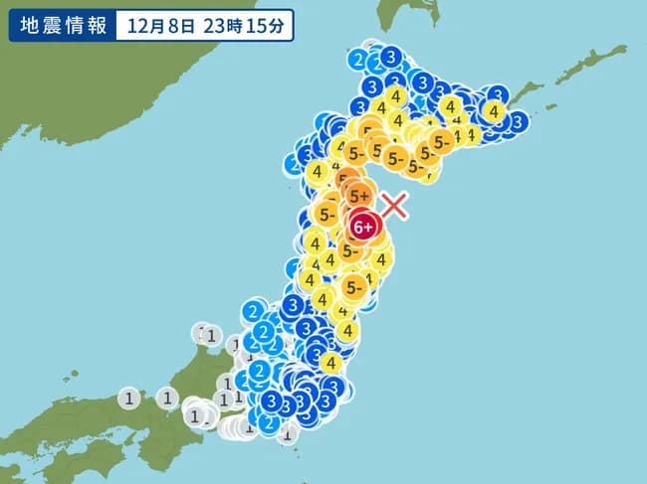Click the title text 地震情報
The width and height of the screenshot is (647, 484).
click(59, 26)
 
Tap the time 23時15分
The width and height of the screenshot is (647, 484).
click(243, 26)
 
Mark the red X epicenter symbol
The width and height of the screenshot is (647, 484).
click(395, 206)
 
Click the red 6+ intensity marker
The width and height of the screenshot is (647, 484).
click(364, 227)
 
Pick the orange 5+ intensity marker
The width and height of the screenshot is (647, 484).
click(359, 197)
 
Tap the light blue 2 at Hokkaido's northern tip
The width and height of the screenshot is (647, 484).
click(358, 60)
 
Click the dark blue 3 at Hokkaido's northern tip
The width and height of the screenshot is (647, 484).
click(391, 56)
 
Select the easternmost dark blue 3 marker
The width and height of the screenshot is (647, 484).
click(517, 121)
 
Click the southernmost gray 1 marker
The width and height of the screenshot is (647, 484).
click(287, 433)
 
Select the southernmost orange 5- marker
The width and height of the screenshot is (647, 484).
click(353, 286)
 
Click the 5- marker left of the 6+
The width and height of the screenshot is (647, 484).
click(326, 214)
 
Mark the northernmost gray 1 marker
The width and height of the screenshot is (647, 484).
click(208, 335)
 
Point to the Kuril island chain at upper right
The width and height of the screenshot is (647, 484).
click(587, 70)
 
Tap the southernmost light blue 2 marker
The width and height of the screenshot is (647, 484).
click(267, 421)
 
